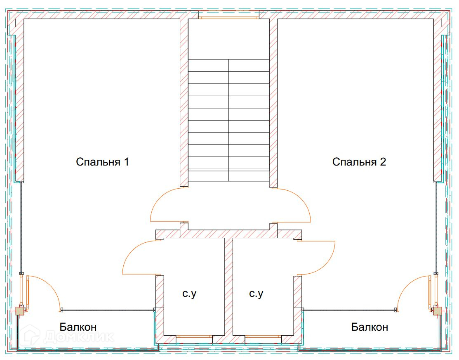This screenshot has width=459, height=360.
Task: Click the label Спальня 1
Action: click(x=102, y=162)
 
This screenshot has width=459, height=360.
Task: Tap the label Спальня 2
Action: click(x=359, y=162)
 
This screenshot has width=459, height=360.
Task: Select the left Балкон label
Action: click(x=78, y=327)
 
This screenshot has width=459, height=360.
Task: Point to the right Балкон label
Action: click(x=370, y=327)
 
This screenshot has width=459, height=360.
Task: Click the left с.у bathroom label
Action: click(x=189, y=294)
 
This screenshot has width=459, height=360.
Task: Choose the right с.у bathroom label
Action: click(x=256, y=294)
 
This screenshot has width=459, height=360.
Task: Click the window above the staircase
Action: click(x=228, y=18)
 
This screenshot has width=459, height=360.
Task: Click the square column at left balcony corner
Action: click(x=20, y=310)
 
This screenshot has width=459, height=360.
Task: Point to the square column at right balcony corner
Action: click(x=438, y=310)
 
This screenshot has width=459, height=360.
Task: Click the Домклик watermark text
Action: click(x=79, y=337)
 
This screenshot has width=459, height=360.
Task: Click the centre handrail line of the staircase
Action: click(x=228, y=120)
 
